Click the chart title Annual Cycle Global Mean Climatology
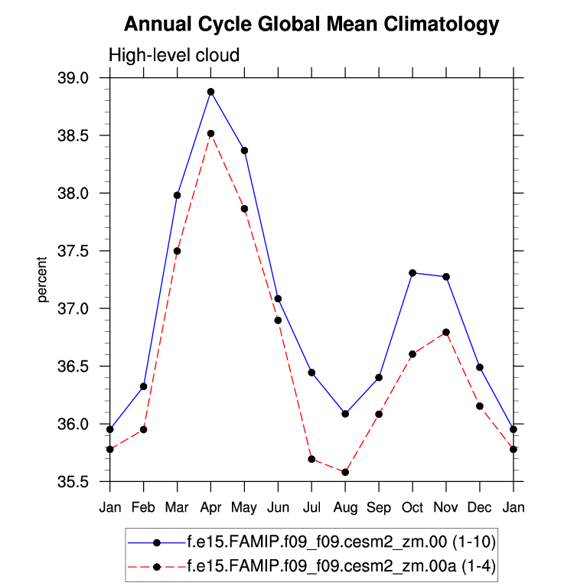coord(311,24)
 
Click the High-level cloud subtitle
coord(174,55)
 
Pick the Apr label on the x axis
coord(210,508)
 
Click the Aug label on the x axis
coord(345,508)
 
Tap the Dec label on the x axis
coord(480,508)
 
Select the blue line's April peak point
coord(210,92)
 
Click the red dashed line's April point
coord(210,133)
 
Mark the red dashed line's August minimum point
coord(345,472)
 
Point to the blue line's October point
coord(413,272)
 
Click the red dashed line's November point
coord(446,332)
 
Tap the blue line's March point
coord(177,195)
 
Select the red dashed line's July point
coord(311,459)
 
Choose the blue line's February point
coord(143,386)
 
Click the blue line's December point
coord(480,367)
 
